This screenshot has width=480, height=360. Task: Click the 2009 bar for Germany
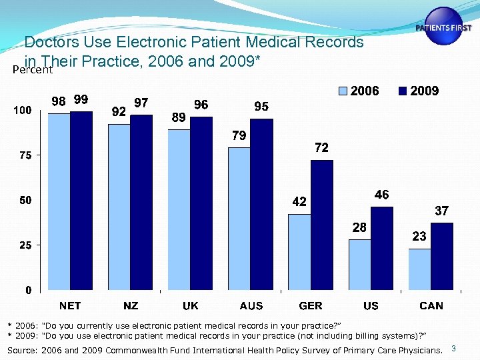pyautogui.click(x=322, y=225)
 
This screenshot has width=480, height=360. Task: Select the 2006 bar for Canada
pyautogui.click(x=419, y=269)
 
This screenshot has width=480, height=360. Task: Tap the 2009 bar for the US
pyautogui.click(x=382, y=249)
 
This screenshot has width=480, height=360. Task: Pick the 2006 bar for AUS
pyautogui.click(x=239, y=219)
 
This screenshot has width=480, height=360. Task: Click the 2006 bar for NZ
pyautogui.click(x=119, y=207)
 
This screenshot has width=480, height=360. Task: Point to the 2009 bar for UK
pyautogui.click(x=201, y=203)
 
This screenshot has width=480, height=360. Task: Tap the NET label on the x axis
pyautogui.click(x=70, y=306)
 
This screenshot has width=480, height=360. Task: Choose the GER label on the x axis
pyautogui.click(x=311, y=306)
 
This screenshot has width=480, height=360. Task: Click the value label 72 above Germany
pyautogui.click(x=321, y=148)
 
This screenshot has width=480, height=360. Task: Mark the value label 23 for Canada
pyautogui.click(x=419, y=236)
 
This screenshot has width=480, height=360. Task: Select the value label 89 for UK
pyautogui.click(x=179, y=117)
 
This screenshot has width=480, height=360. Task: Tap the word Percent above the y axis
pyautogui.click(x=33, y=69)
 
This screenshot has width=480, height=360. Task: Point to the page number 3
pyautogui.click(x=454, y=349)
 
